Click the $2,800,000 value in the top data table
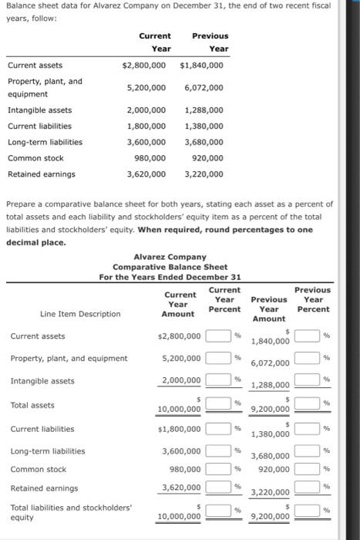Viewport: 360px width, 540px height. [144, 66]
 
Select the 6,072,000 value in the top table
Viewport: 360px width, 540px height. [202, 88]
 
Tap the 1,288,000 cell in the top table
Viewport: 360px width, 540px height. [204, 110]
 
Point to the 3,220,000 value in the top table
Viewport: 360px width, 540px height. [202, 174]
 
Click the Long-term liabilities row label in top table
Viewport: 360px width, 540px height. [45, 142]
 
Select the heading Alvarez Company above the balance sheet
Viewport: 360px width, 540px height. [170, 256]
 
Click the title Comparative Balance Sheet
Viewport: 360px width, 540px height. [170, 266]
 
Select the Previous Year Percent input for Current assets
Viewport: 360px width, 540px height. [308, 336]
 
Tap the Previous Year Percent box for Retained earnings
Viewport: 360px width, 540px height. [308, 488]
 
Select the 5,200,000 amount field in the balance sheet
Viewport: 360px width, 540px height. [182, 358]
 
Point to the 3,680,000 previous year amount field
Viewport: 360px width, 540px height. [269, 456]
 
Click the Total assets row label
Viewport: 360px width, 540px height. [32, 405]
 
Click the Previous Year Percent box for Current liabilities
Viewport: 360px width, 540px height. [308, 428]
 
